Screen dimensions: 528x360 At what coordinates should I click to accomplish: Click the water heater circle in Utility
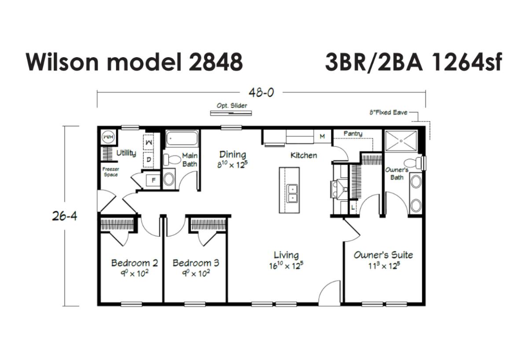(x=108, y=137)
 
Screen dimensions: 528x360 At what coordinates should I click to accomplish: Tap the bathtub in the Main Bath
(x=181, y=138)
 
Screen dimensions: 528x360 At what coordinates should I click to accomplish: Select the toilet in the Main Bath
(x=172, y=160)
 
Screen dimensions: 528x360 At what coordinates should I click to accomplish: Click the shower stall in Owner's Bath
(x=401, y=141)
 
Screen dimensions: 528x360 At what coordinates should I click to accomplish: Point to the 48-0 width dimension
(x=261, y=93)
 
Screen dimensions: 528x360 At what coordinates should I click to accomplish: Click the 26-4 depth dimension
(x=64, y=216)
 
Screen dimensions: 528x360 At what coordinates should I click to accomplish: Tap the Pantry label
(x=353, y=134)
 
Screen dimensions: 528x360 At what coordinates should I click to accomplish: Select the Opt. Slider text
(x=232, y=106)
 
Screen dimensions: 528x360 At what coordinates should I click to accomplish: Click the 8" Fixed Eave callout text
(x=388, y=113)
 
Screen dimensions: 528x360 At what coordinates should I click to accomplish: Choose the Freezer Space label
(x=111, y=172)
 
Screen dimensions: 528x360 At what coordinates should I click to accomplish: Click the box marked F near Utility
(x=154, y=180)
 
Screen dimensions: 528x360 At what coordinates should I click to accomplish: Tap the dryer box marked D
(x=149, y=160)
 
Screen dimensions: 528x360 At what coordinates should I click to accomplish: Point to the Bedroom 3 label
(x=196, y=263)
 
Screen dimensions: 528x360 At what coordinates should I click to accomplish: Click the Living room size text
(x=286, y=266)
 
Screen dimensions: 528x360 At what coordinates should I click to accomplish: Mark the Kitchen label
(x=304, y=155)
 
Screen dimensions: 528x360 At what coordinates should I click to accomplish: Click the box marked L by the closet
(x=353, y=207)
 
